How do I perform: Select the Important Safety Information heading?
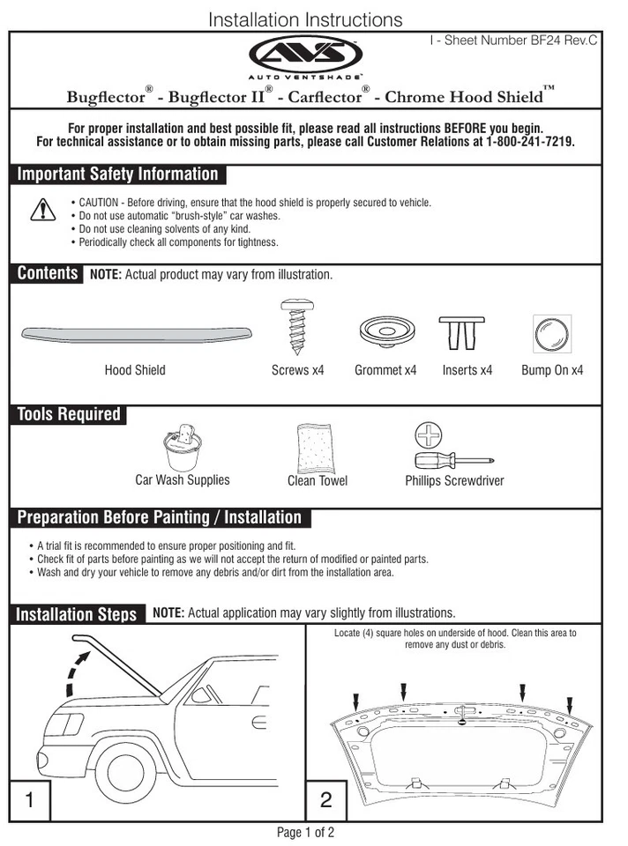tap(117, 174)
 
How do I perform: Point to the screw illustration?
tap(294, 327)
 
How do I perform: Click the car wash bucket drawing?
tap(183, 447)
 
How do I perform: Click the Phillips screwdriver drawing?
tap(450, 459)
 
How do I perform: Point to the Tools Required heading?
tap(69, 414)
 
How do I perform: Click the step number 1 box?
tap(30, 800)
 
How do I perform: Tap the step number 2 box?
tap(326, 800)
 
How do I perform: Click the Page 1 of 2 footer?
tap(306, 832)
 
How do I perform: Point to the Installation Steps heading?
tap(77, 614)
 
